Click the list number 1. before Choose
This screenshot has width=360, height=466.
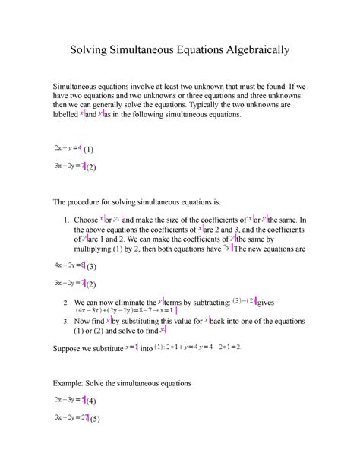pyautogui.click(x=67, y=220)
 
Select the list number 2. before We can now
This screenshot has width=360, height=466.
pyautogui.click(x=67, y=302)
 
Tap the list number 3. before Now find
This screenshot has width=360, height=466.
pyautogui.click(x=67, y=322)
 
